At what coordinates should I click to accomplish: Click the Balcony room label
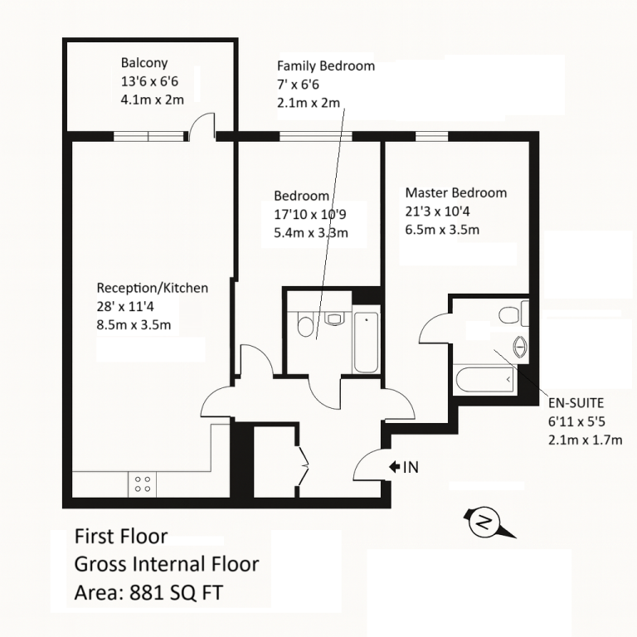pos(144,63)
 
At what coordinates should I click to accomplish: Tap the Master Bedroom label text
pos(455,193)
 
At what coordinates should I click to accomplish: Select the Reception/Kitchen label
pos(153,288)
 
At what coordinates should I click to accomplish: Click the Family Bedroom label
pos(325,66)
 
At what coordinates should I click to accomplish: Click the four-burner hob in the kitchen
pos(142,484)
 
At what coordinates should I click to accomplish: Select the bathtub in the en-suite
pos(485,381)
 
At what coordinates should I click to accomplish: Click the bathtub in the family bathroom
pos(366,342)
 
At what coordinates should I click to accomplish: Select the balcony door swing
pos(202,125)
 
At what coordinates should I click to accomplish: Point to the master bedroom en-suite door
pos(435,330)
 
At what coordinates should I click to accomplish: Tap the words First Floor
pos(121,537)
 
